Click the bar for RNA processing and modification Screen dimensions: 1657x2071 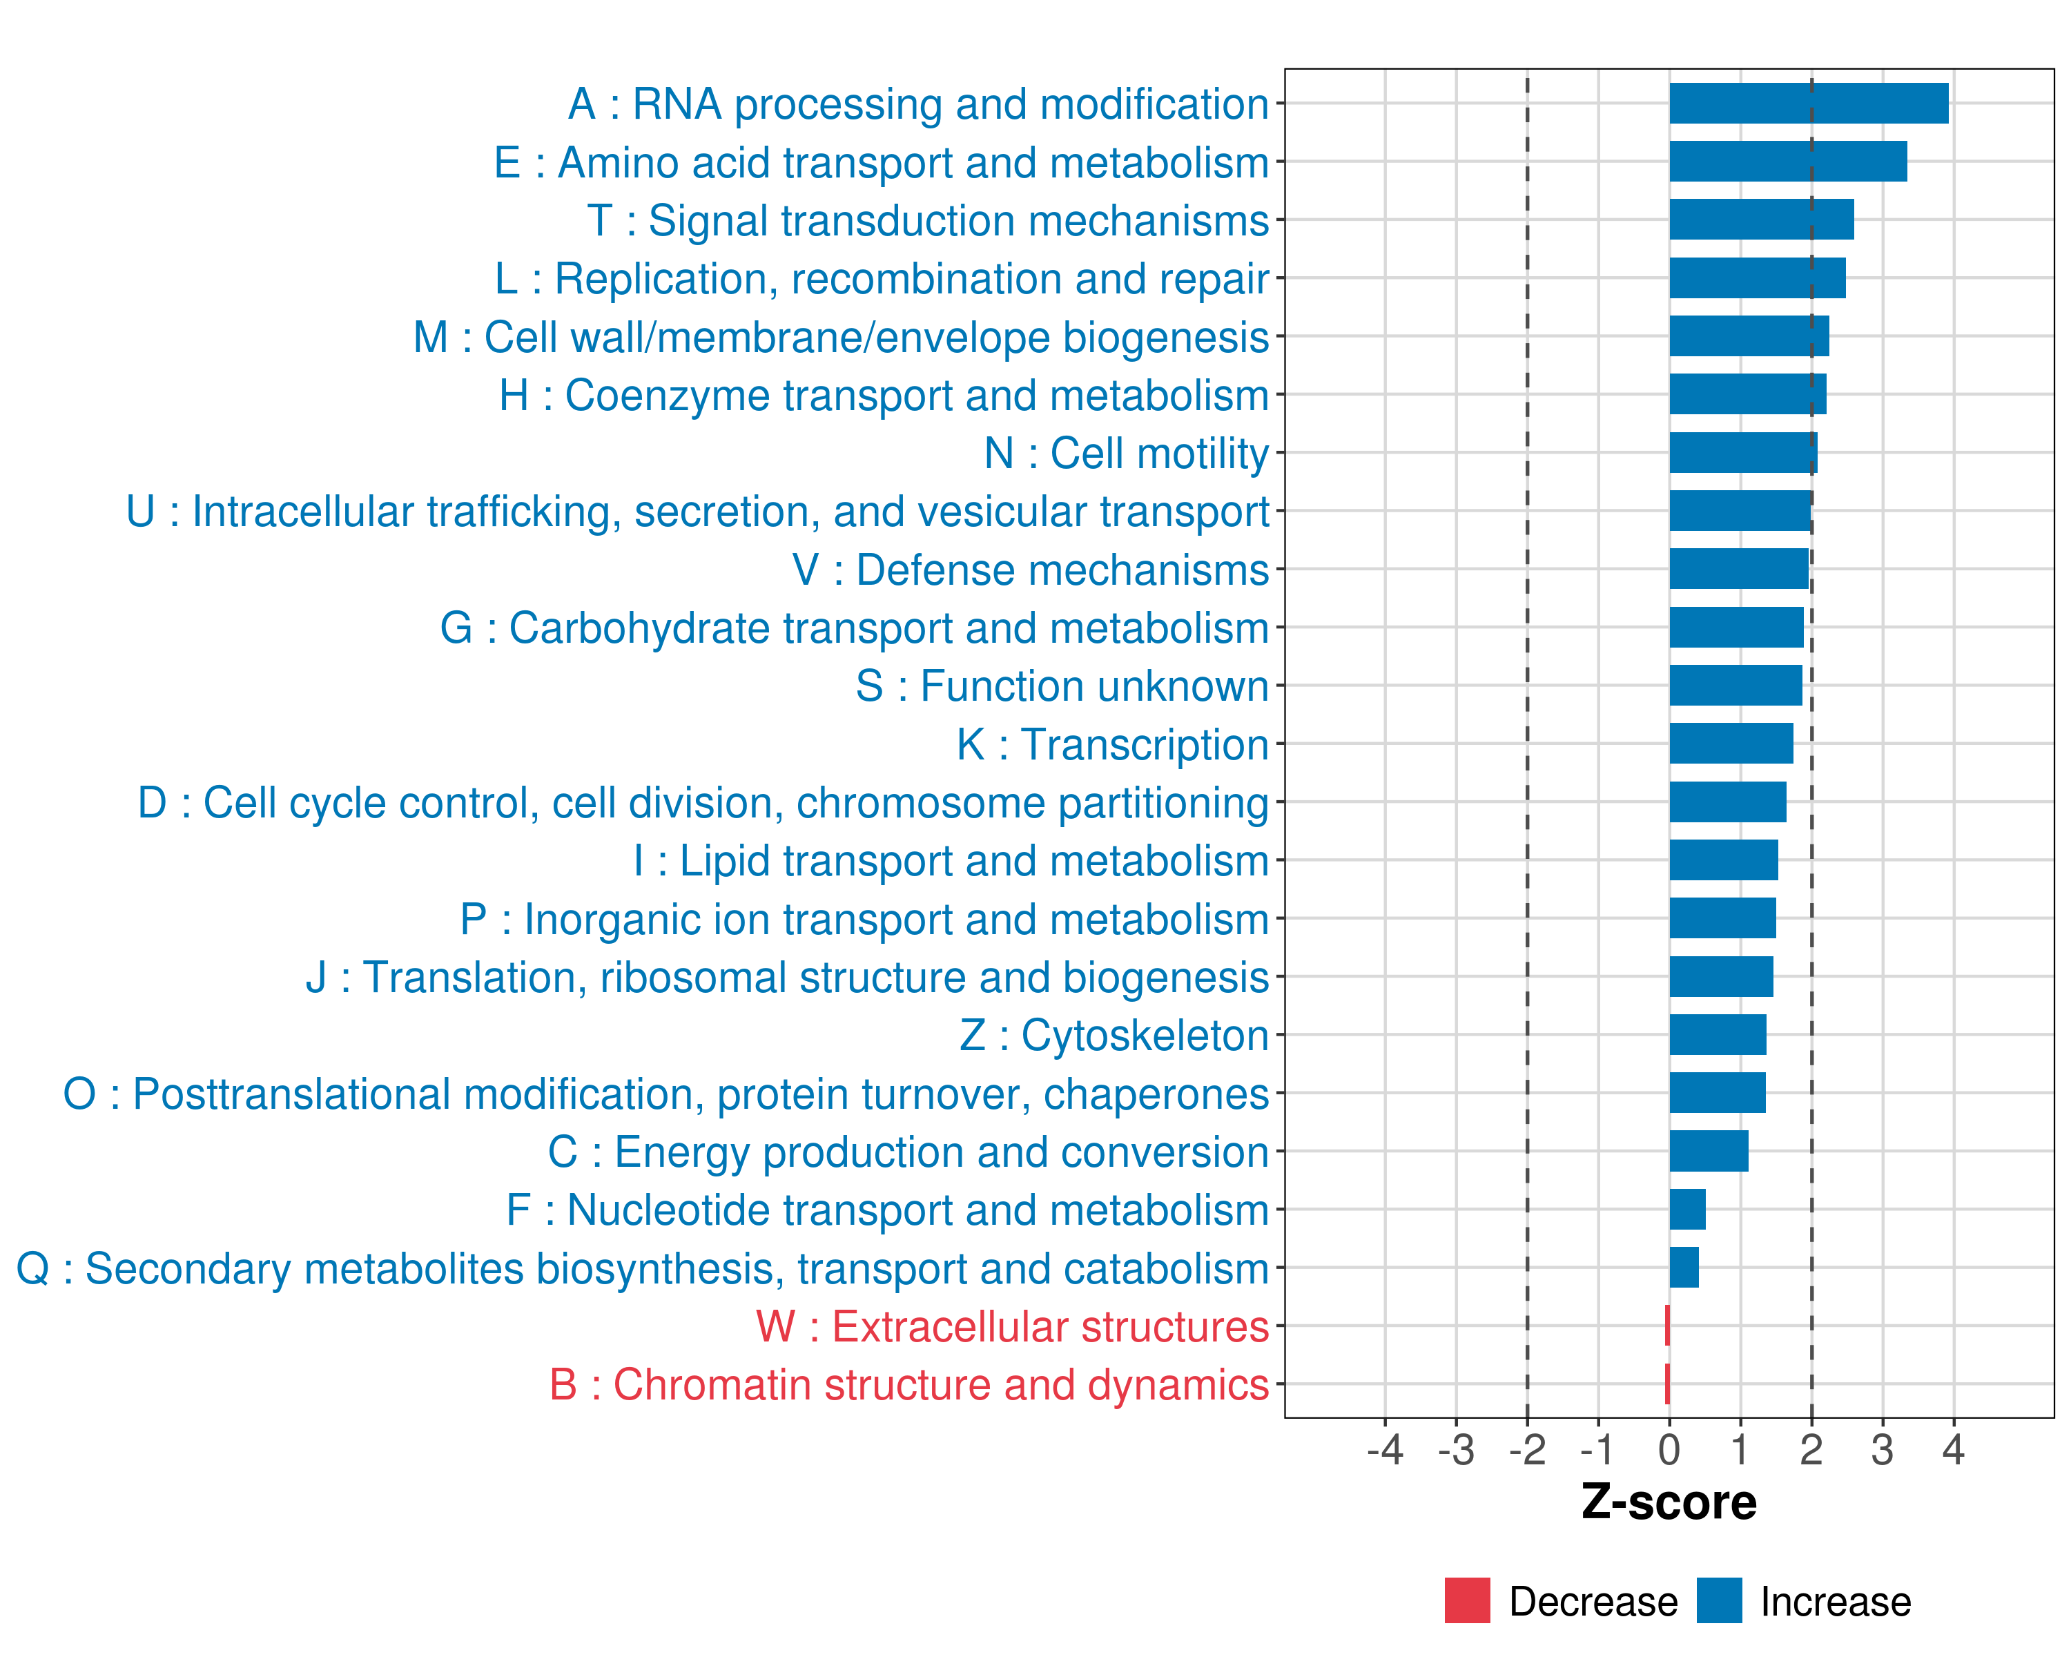click(x=1809, y=104)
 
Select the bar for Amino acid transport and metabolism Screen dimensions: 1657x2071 click(x=1788, y=162)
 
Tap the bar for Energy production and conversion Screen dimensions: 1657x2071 click(x=1708, y=1151)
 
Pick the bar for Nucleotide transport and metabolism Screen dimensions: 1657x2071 click(x=1686, y=1210)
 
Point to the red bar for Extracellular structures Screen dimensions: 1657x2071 click(x=1668, y=1326)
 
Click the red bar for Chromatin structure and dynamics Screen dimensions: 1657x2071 click(x=1668, y=1384)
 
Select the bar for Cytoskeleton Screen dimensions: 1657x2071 click(x=1718, y=1034)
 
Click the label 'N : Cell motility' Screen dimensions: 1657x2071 click(x=1126, y=454)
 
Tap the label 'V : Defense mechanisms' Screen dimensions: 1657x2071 click(x=1030, y=570)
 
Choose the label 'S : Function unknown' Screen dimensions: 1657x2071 click(x=1062, y=686)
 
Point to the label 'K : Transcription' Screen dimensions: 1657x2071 click(x=1112, y=744)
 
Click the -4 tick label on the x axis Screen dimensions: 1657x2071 click(x=1384, y=1449)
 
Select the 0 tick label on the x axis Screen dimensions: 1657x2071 click(x=1669, y=1449)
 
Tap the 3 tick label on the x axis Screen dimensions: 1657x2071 click(x=1882, y=1449)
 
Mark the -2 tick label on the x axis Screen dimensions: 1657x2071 click(x=1526, y=1449)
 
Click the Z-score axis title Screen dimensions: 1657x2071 click(x=1669, y=1502)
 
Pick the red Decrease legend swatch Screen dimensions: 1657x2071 click(x=1467, y=1600)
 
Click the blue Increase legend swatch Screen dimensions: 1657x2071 click(x=1718, y=1600)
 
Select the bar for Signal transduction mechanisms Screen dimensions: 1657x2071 click(x=1761, y=220)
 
